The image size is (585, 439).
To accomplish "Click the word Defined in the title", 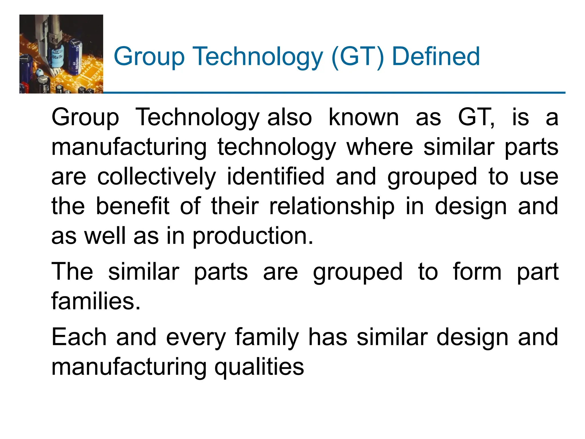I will pos(436,57).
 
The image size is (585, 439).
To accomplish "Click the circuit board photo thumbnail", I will pos(61,54).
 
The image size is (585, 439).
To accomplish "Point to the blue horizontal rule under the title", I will pos(334,93).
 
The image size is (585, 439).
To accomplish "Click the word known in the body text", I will pos(363,117).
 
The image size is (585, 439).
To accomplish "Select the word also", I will pos(289,117).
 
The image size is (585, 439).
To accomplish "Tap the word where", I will pos(380,147).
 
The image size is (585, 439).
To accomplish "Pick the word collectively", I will pos(157,177).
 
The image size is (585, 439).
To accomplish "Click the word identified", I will pos(276,177).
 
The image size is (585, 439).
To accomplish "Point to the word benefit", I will pos(133,206).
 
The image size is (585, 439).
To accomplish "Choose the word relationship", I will pos(332,206).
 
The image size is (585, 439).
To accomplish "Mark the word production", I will pos(253,236).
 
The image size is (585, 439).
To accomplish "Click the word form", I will pos(477,272).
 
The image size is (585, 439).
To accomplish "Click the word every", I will pos(196,338).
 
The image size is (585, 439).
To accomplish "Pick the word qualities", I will pos(259,367).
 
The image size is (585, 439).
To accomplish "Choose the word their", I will pos(235,206).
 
